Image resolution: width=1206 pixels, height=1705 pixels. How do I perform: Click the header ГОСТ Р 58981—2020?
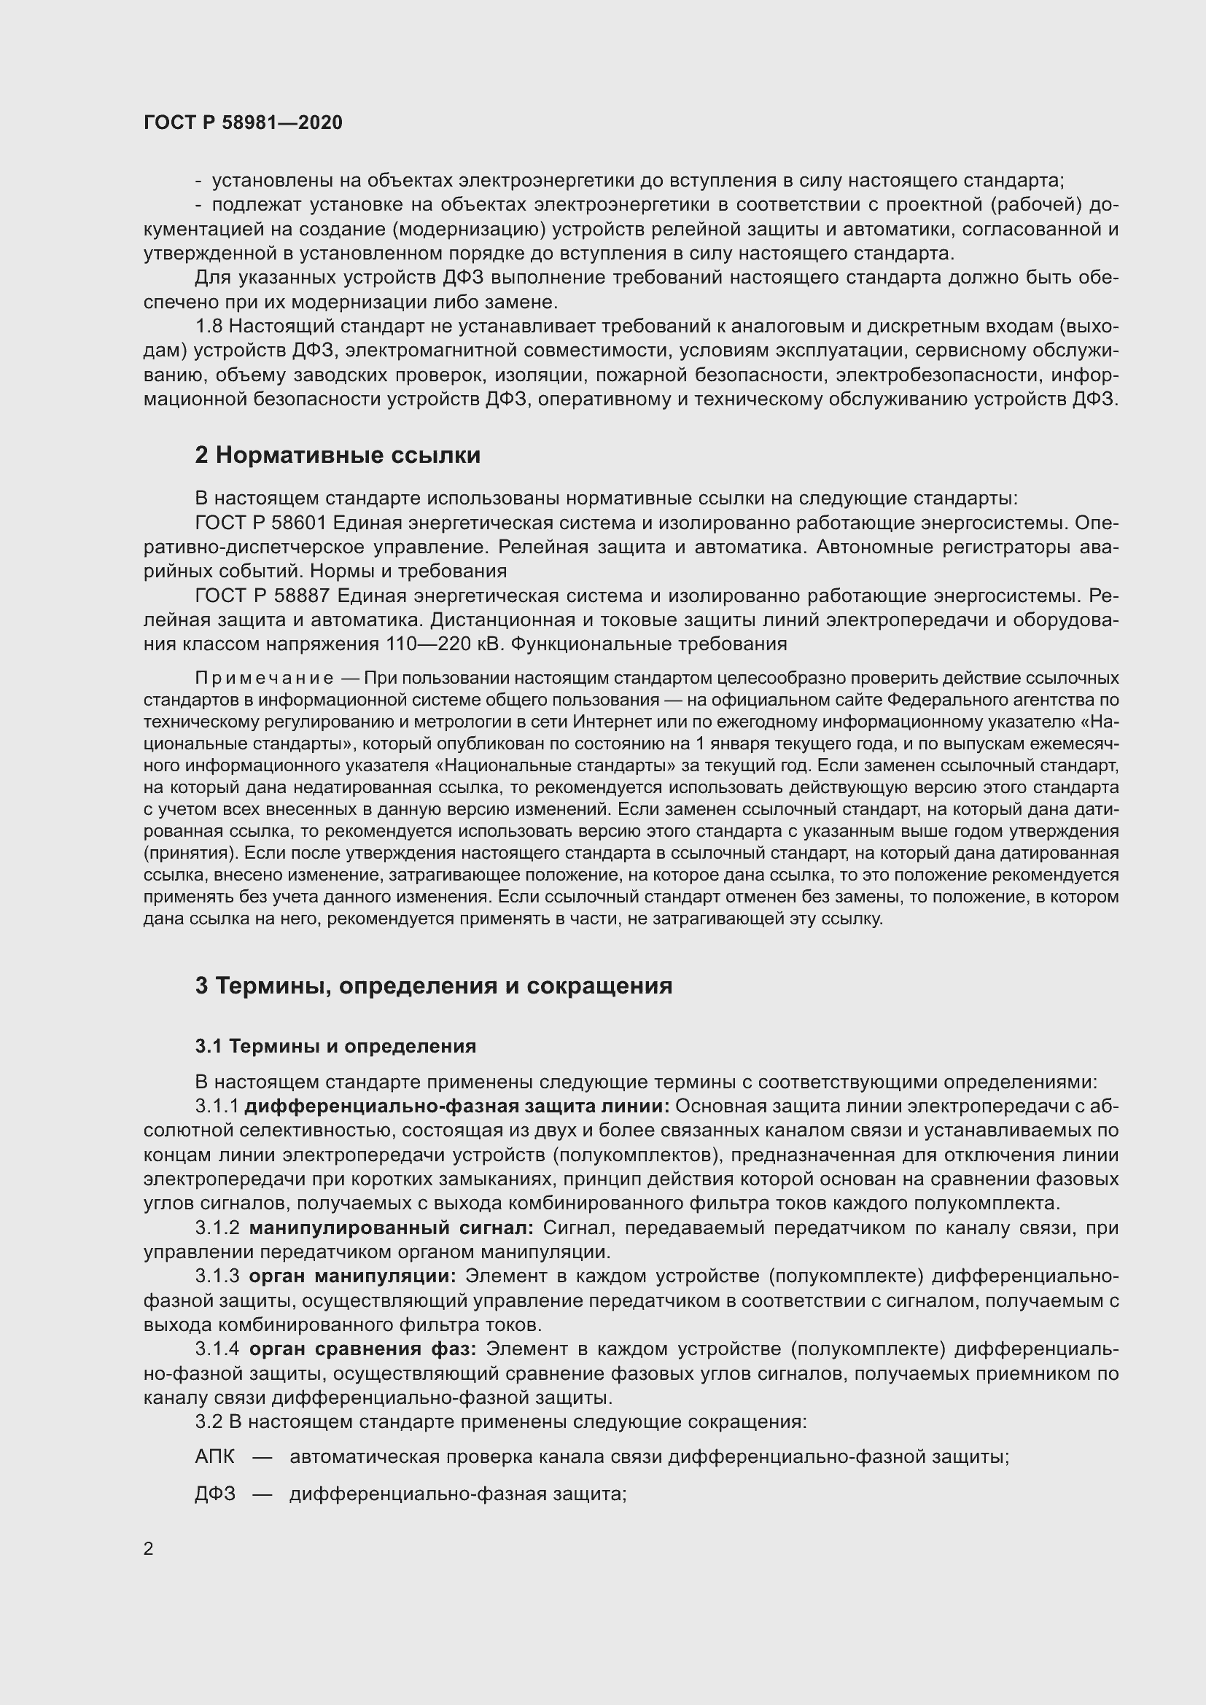point(243,123)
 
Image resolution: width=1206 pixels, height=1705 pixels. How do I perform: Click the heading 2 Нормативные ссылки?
point(338,455)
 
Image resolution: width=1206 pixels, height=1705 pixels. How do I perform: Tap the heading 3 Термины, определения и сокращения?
point(434,986)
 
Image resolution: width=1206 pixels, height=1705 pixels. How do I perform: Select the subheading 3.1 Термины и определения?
point(335,1046)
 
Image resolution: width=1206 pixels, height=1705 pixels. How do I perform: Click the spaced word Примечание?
point(264,678)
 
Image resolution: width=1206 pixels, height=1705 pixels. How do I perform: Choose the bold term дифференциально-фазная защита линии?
point(456,1107)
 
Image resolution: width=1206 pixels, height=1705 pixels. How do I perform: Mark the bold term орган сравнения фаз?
point(362,1349)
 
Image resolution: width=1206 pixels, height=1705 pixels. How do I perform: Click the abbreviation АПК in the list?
point(214,1457)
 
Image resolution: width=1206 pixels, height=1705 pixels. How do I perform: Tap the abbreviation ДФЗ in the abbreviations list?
point(215,1494)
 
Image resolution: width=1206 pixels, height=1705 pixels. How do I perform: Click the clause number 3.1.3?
point(217,1276)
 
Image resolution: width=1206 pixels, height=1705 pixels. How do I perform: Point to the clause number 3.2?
point(208,1421)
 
